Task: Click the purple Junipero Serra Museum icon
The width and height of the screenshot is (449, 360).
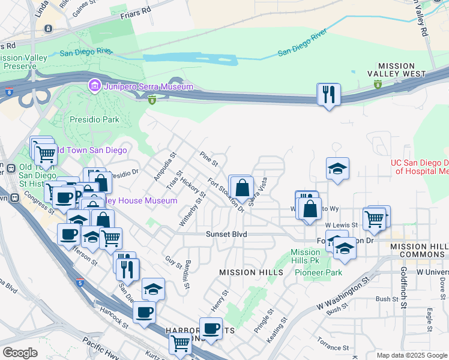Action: coord(94,87)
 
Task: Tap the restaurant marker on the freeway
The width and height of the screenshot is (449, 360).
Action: coord(328,95)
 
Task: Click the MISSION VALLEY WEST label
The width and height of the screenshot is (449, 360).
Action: coord(396,70)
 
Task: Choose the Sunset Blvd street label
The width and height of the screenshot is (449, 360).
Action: coord(227,234)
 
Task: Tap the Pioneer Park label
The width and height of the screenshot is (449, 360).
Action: coord(318,272)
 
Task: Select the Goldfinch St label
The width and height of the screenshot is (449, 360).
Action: coord(403,288)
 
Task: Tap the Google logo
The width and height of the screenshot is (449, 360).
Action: coord(20,353)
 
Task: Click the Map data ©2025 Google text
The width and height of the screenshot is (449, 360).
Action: coord(411,355)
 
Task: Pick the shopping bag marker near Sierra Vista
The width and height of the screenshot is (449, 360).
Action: coord(241,188)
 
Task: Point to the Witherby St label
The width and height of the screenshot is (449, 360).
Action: coord(192,209)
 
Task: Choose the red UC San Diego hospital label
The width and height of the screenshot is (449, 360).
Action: coord(420,167)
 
